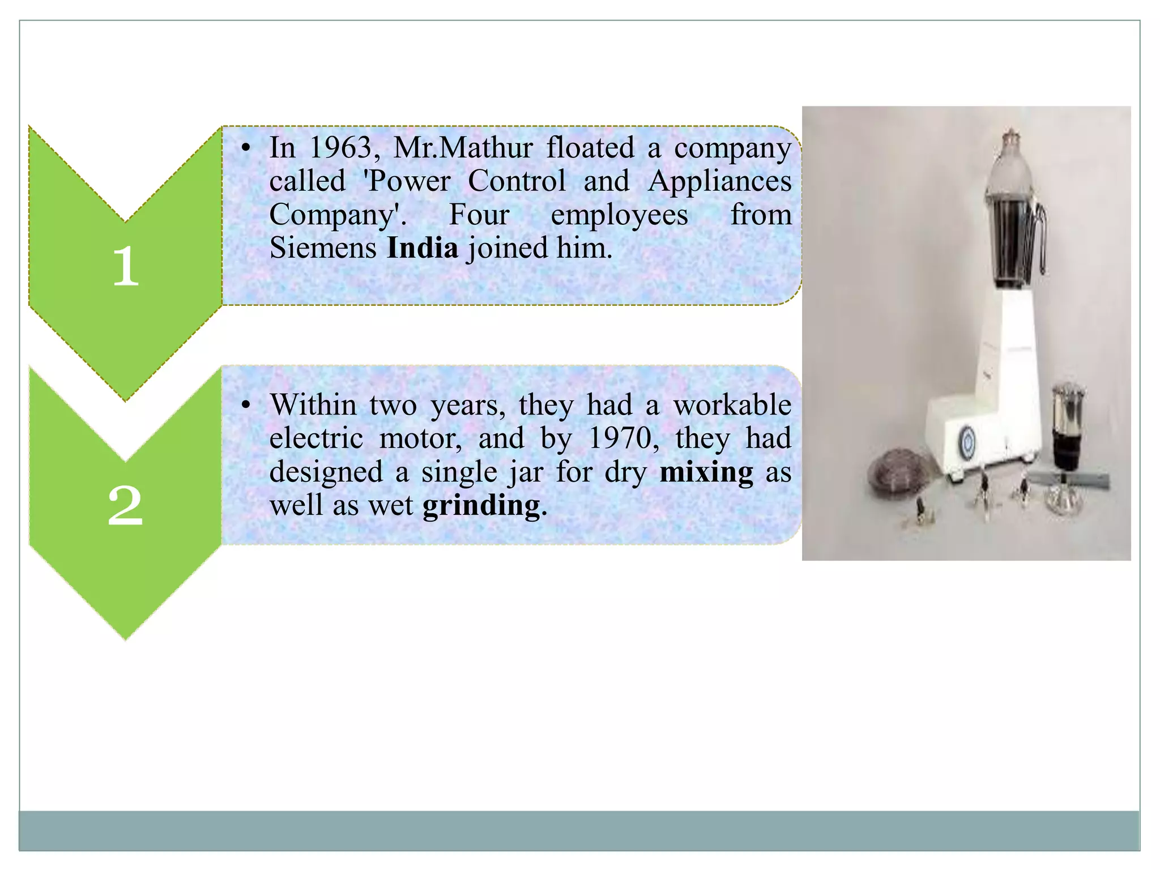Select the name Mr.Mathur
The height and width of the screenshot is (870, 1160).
click(463, 148)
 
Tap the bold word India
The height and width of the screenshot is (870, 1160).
click(422, 248)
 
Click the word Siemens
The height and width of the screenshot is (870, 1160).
click(323, 248)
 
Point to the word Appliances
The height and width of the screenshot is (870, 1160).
click(719, 181)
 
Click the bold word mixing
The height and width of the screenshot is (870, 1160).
click(706, 472)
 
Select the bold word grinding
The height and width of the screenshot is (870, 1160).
click(481, 506)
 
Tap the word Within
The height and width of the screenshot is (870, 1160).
click(313, 405)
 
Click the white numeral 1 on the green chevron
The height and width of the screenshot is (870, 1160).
click(125, 266)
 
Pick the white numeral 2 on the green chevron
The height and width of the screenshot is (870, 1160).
click(125, 506)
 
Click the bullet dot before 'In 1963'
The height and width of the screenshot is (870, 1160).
click(245, 149)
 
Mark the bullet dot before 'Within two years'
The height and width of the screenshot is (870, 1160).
click(245, 406)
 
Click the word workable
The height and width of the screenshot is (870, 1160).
click(732, 405)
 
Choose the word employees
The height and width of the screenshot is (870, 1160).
click(619, 215)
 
